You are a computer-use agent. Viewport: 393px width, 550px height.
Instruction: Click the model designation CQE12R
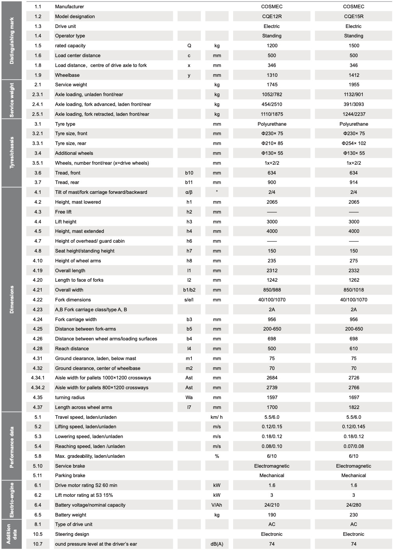(x=272, y=17)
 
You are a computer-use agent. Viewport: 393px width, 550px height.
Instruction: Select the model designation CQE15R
(x=354, y=17)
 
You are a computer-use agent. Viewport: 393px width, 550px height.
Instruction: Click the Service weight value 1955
(x=354, y=85)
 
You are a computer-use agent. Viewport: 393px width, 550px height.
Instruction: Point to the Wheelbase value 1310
(x=272, y=75)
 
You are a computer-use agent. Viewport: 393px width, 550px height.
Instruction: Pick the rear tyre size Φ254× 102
(x=354, y=143)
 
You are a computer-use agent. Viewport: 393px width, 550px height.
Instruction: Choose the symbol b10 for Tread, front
(x=189, y=173)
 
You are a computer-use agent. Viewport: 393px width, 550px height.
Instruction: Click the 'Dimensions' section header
(x=12, y=299)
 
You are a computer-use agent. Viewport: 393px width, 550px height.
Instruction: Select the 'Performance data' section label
(x=12, y=447)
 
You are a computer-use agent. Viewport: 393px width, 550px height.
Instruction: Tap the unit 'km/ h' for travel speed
(x=217, y=417)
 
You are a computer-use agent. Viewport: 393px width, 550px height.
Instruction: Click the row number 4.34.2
(x=38, y=388)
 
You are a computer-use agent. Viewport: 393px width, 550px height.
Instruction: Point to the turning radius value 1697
(x=354, y=398)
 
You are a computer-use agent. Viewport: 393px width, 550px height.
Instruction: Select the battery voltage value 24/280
(x=354, y=505)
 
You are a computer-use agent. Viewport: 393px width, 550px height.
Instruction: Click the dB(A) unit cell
(x=217, y=544)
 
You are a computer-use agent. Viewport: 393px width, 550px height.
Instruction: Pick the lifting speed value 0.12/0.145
(x=354, y=427)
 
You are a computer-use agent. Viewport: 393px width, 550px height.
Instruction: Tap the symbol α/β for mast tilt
(x=189, y=192)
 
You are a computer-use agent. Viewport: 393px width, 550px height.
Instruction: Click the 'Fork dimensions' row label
(x=73, y=300)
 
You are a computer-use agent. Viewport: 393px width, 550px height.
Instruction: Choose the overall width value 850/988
(x=272, y=290)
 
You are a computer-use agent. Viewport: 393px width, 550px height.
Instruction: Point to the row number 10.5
(x=38, y=534)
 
